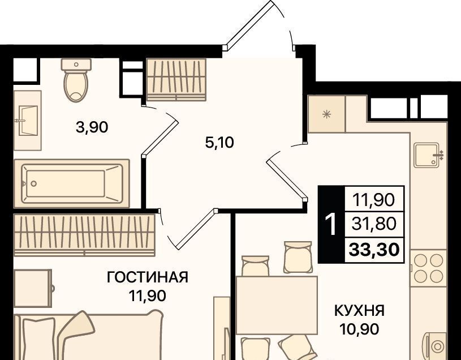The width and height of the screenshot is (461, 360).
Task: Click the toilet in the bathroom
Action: point(76,80)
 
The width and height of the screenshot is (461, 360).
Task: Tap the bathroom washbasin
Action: point(28,121)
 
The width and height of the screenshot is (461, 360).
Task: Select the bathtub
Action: point(72,183)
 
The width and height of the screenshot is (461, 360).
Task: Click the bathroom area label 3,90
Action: point(92,128)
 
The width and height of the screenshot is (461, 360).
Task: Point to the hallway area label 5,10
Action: point(219,143)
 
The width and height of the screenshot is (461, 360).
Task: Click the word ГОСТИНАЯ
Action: point(148,277)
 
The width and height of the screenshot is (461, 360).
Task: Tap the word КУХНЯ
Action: point(360,311)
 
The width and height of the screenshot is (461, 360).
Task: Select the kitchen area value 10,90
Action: point(359,329)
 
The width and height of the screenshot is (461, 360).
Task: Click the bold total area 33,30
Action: point(374,250)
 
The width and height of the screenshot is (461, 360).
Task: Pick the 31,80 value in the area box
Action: point(374,224)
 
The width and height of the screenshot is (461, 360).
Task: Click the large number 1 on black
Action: point(331,224)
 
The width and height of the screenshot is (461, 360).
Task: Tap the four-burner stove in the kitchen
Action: point(428,268)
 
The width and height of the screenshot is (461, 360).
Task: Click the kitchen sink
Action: point(429,155)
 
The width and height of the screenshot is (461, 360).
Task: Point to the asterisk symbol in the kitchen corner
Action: point(326,114)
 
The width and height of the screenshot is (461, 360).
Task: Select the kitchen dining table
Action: point(277,305)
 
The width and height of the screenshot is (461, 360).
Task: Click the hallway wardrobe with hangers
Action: point(176,79)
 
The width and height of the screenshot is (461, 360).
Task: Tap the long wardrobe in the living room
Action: point(84,235)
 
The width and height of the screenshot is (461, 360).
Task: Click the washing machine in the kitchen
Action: point(434,346)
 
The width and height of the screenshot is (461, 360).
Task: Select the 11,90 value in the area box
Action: point(374,200)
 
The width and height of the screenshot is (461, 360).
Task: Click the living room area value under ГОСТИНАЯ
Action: point(148,295)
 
